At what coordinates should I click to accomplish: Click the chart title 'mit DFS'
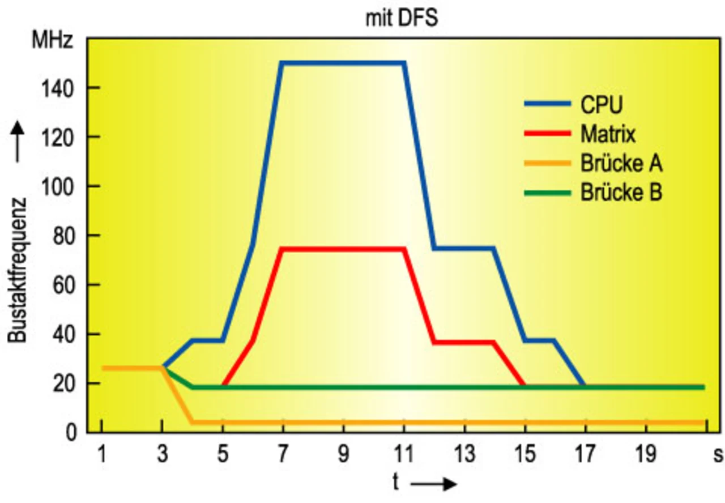[x=401, y=19]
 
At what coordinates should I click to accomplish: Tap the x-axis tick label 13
[x=464, y=454]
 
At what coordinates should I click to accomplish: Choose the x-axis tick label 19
[x=646, y=454]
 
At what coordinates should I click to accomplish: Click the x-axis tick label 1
[x=102, y=454]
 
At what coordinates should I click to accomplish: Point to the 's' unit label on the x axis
[x=718, y=454]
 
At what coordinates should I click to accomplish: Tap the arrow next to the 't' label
[x=434, y=484]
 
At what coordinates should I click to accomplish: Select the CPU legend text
[x=600, y=105]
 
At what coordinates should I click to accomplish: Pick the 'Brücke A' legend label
[x=621, y=164]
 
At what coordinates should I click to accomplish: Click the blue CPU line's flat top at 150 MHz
[x=343, y=63]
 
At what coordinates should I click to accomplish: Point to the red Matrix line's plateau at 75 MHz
[x=343, y=249]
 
